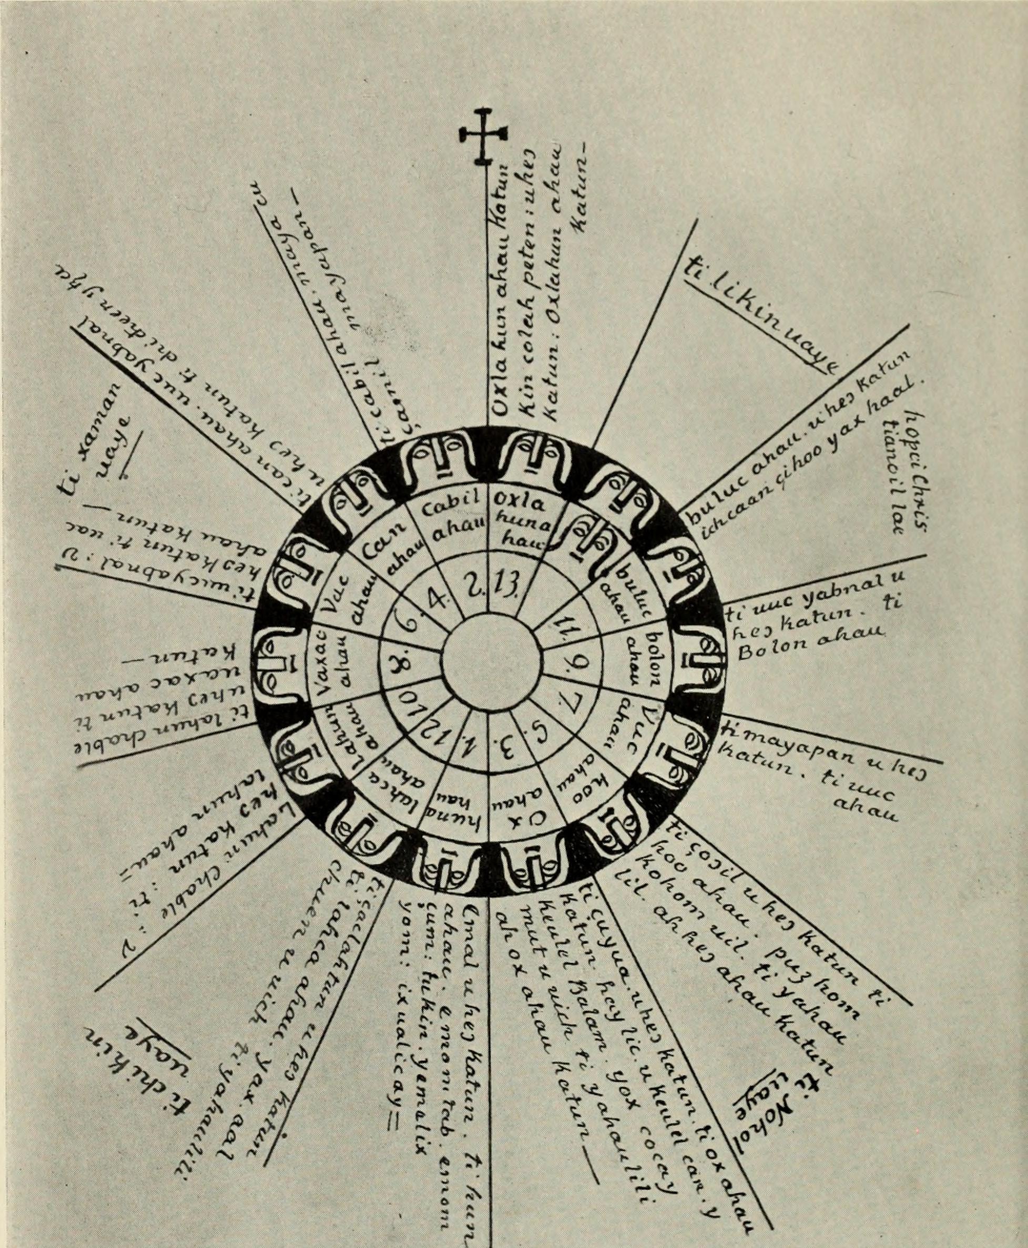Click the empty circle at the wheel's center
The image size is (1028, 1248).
(x=490, y=658)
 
